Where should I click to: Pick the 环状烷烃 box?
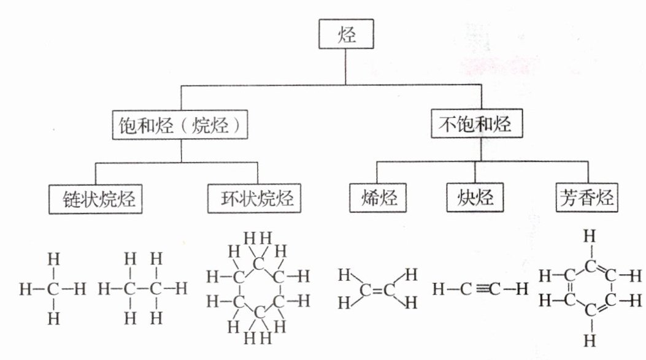click(258, 199)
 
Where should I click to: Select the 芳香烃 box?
click(586, 198)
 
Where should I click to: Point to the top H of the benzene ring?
click(590, 235)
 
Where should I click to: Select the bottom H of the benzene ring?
click(590, 340)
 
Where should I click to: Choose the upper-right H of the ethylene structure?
click(410, 274)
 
